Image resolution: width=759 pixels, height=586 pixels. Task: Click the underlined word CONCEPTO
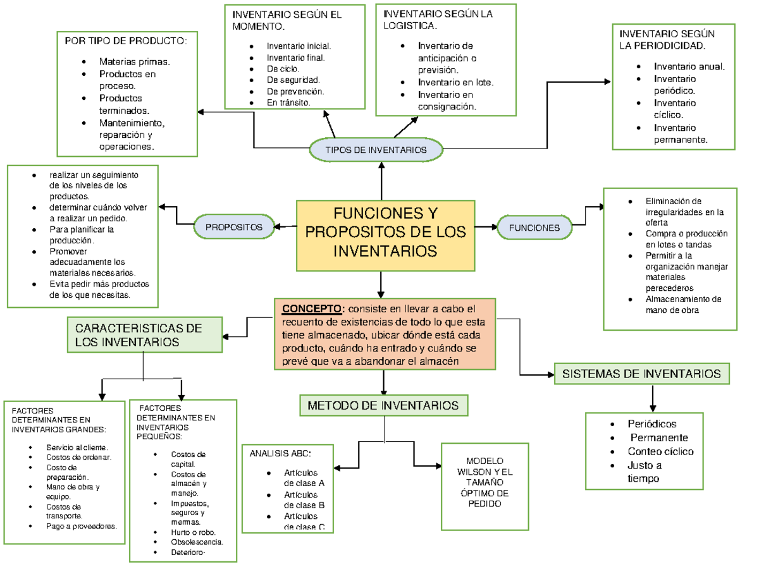[311, 309]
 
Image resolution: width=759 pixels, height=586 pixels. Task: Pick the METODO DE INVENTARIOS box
[383, 405]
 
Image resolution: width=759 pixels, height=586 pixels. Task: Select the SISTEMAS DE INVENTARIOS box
[641, 374]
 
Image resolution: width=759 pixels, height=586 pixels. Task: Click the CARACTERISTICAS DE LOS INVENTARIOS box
[145, 335]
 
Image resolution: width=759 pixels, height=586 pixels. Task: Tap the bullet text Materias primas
[134, 61]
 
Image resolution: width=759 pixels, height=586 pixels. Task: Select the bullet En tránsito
[288, 102]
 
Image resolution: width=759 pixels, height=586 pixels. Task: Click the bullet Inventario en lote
[455, 82]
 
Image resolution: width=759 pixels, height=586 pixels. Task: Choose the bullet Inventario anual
[689, 66]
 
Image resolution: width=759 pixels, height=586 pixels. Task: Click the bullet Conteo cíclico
[660, 451]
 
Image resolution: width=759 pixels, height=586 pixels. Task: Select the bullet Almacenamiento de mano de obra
[683, 305]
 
